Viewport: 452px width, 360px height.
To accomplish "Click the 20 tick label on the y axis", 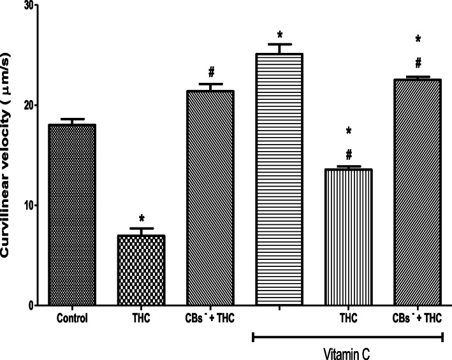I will coord(27,105).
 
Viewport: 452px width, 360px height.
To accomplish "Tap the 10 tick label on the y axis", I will coord(27,205).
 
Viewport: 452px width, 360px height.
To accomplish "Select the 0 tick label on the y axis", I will coord(31,306).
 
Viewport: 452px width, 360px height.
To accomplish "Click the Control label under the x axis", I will coord(71,317).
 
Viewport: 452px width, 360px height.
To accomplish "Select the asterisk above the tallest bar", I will coord(279,34).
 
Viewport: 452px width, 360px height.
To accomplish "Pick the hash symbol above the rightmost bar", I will coord(418,62).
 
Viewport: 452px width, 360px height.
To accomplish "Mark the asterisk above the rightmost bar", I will coord(418,40).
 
